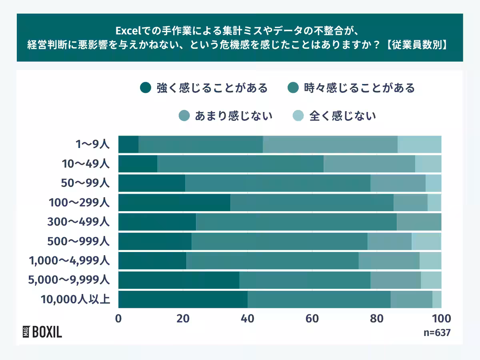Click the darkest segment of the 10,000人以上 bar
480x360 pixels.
click(183, 299)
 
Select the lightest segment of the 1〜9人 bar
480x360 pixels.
click(419, 144)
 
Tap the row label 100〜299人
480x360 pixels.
click(78, 202)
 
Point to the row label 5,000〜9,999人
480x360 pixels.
click(69, 280)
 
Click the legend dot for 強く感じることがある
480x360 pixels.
click(146, 88)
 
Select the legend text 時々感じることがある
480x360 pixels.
click(358, 88)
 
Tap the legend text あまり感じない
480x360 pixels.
click(234, 116)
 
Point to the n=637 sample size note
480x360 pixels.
click(437, 333)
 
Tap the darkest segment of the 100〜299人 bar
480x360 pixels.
click(174, 202)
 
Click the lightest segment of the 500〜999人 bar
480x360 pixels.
click(426, 241)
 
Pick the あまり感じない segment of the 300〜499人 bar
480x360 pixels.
click(419, 222)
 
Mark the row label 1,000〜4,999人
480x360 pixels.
click(69, 261)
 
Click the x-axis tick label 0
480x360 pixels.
click(118, 319)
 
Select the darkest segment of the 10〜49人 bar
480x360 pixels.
click(138, 164)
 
